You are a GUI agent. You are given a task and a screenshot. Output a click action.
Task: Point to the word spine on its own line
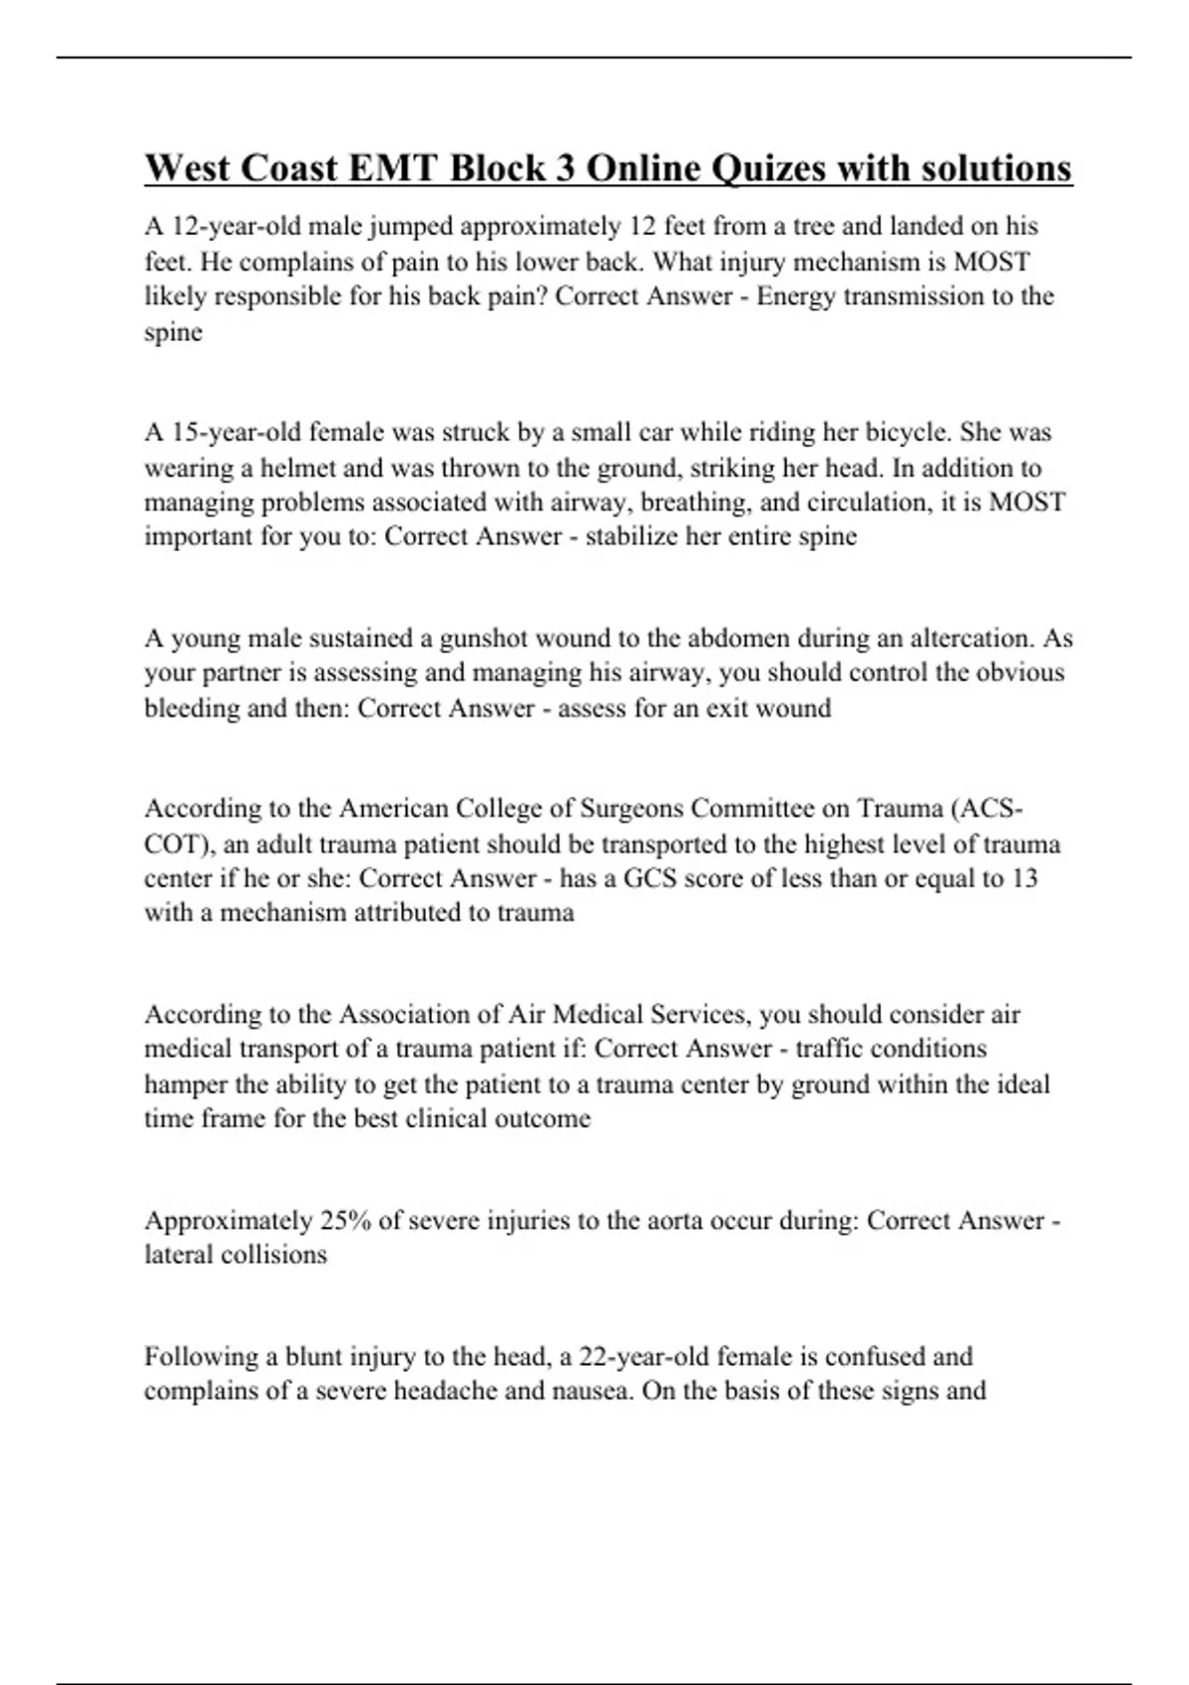[x=173, y=332]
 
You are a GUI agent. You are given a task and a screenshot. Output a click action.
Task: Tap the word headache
[x=445, y=1391]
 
